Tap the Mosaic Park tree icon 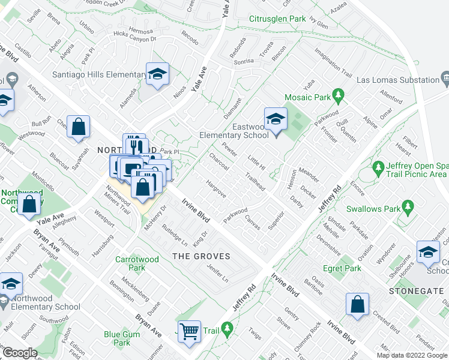[338, 96]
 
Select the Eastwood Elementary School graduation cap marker [276, 119]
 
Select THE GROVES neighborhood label [202, 256]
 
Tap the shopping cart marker [190, 331]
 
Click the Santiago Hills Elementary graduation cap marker [158, 74]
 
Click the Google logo [20, 353]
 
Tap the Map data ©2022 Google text [412, 355]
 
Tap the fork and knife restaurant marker [134, 145]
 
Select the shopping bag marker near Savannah [78, 127]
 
